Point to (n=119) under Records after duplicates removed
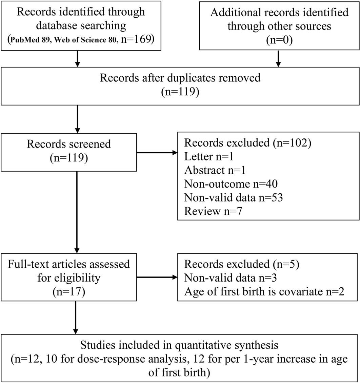click(x=180, y=91)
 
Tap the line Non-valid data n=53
click(x=234, y=197)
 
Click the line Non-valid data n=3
click(x=231, y=278)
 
